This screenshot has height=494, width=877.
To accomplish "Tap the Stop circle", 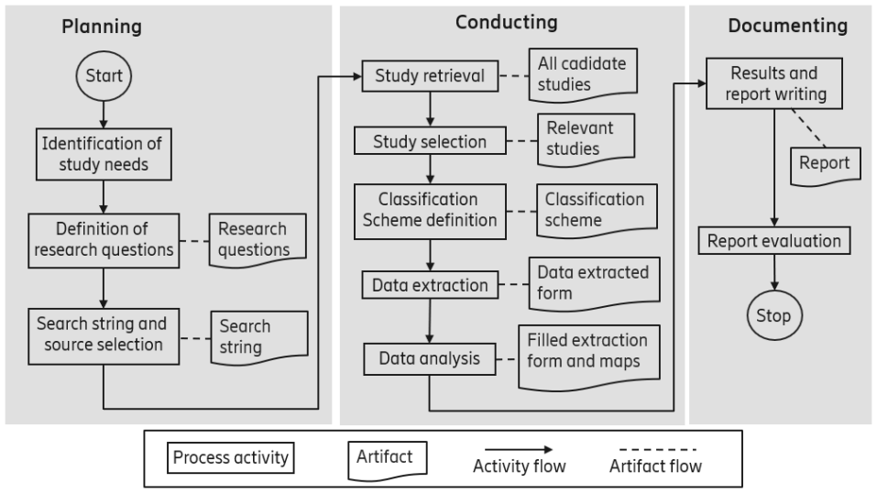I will click(773, 317).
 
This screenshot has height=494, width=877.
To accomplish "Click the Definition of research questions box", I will click(102, 238).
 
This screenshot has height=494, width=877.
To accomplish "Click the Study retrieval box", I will click(429, 76).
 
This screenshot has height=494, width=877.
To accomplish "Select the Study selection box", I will click(429, 142).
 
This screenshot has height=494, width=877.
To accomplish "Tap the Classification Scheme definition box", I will click(429, 210).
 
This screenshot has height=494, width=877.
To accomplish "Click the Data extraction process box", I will click(430, 285).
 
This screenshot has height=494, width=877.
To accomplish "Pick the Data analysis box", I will click(429, 358).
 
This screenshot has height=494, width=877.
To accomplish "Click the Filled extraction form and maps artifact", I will click(587, 351).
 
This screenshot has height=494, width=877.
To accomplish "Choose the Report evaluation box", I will click(775, 242).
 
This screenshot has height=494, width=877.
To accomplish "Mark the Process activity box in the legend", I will click(229, 457).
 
